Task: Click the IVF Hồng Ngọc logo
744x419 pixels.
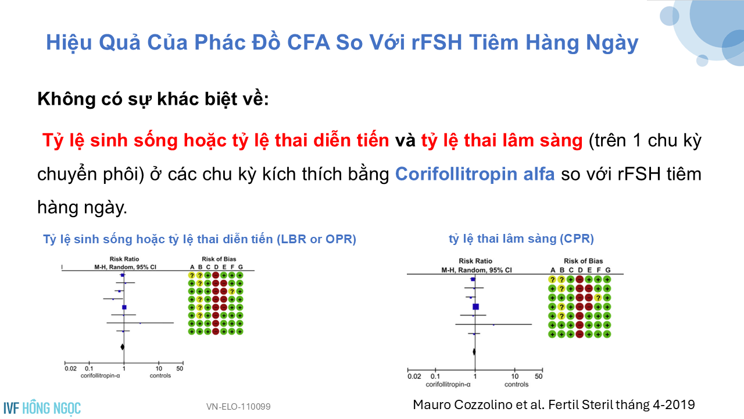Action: pos(42,408)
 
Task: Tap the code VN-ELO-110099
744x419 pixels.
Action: pos(238,407)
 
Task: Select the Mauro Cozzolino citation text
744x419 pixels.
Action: pos(554,405)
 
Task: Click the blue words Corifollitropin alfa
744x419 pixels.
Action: pos(475,174)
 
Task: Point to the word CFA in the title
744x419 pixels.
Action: pos(308,42)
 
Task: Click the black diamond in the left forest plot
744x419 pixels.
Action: pos(122,347)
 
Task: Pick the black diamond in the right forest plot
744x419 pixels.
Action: pos(474,351)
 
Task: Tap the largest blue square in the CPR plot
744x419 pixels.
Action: pos(475,307)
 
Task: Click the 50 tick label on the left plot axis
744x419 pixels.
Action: pos(180,368)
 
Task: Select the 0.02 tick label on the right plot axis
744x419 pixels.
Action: pos(414,377)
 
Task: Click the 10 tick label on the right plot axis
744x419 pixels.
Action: pos(515,377)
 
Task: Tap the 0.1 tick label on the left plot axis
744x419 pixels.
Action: pos(89,368)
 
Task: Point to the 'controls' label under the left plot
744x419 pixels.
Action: pos(160,376)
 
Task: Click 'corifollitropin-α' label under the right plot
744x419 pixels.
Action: pos(448,385)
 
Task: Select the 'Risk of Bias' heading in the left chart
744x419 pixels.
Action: pos(219,259)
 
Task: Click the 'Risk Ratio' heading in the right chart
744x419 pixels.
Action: pos(475,261)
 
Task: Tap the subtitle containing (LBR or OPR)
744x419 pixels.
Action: pos(199,239)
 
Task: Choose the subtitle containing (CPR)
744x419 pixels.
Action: pos(521,239)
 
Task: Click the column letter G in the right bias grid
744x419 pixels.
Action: pos(607,270)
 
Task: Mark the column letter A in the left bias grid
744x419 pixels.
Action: pos(192,267)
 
